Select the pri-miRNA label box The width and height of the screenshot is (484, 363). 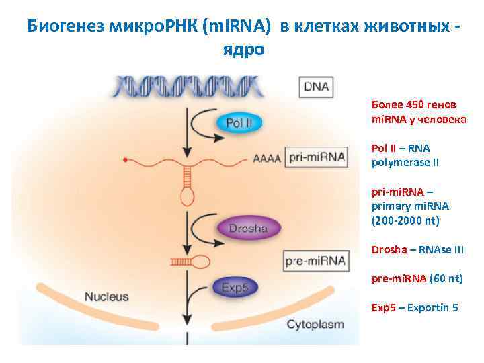click(x=316, y=158)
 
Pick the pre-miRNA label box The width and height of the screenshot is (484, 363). click(x=316, y=260)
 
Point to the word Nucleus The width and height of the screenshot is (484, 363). click(x=106, y=296)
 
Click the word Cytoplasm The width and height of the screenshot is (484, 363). click(x=315, y=325)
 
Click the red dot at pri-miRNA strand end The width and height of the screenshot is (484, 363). click(x=125, y=160)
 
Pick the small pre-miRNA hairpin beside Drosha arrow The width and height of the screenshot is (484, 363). click(x=192, y=260)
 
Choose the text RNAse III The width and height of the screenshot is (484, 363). click(x=441, y=249)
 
